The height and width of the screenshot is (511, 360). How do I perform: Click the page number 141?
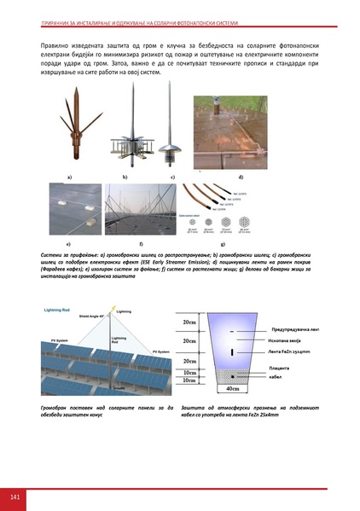pos(15,496)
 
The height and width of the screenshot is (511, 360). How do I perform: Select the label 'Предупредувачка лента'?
pos(296,328)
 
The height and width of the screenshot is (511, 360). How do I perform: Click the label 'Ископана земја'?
pos(287,340)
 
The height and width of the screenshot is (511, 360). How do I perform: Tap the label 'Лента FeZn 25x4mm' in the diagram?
pos(292,351)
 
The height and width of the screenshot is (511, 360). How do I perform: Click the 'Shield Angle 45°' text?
pos(74,316)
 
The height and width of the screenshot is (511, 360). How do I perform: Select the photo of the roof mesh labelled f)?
pos(139,212)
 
